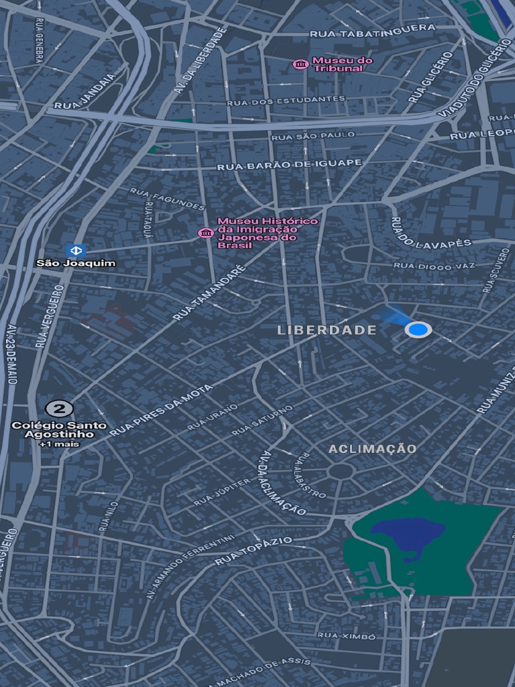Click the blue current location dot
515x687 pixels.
418,329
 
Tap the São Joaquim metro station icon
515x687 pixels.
76,250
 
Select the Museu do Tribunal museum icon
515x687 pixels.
301,64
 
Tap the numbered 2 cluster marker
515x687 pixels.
59,409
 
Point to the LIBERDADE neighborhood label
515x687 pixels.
327,330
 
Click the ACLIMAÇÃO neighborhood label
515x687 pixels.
372,449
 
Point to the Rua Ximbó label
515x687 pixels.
346,636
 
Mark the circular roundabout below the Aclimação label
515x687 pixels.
341,471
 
